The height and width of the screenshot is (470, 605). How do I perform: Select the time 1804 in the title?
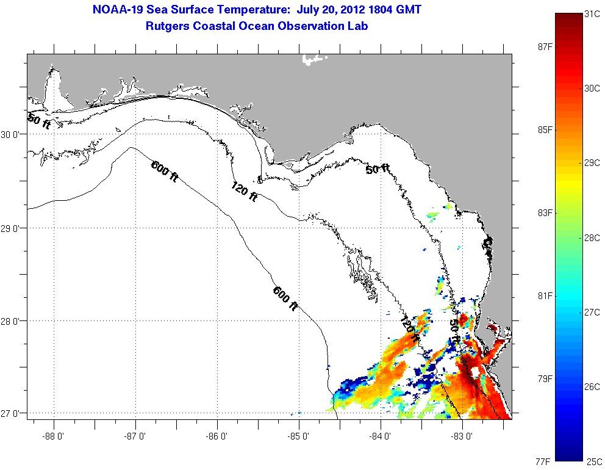tap(381, 10)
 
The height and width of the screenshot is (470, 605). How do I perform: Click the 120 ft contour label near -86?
tap(244, 193)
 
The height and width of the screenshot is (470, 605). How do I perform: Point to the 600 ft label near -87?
tap(165, 170)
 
